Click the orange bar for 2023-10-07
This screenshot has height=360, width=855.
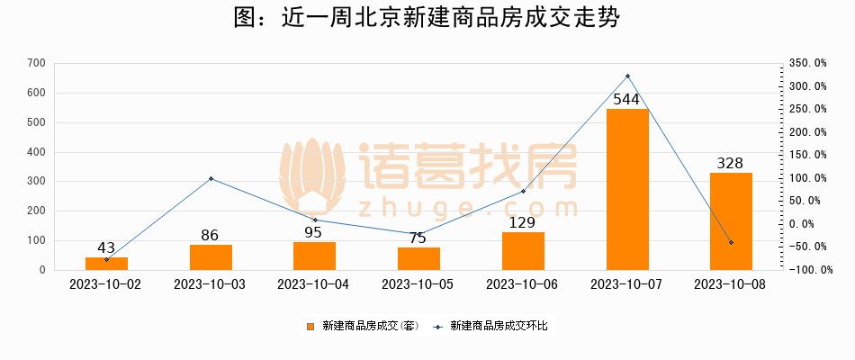(627, 189)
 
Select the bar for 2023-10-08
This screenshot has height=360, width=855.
(731, 221)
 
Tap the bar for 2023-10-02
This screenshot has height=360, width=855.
(106, 264)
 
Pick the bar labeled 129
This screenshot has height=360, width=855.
(523, 251)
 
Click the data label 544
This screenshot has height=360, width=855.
(626, 99)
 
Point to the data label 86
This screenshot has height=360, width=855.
(210, 236)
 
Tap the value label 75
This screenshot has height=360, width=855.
(418, 238)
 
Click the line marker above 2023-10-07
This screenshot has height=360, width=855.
(627, 76)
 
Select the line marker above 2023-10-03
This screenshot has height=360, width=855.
(211, 178)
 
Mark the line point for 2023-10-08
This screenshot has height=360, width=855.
(731, 243)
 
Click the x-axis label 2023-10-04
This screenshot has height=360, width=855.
(314, 284)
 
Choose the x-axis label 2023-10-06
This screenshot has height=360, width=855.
(523, 284)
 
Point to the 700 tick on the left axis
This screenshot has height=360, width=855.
(37, 63)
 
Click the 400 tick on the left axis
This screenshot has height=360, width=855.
(37, 152)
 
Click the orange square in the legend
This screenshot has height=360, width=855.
(310, 326)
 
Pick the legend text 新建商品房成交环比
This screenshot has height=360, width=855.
(498, 326)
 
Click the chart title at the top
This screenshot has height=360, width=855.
(427, 19)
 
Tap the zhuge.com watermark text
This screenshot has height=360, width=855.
(467, 209)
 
